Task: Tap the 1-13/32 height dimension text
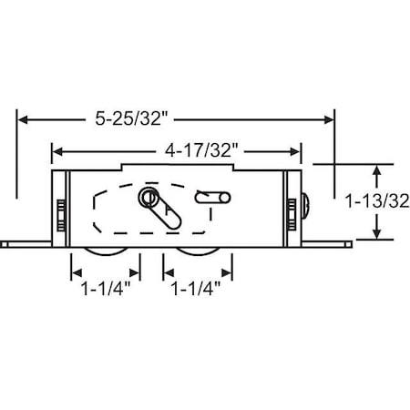point(375,201)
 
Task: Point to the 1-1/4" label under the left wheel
point(106,293)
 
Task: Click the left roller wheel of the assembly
point(106,252)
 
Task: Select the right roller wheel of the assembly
point(198,252)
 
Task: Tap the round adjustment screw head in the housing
point(148,198)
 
